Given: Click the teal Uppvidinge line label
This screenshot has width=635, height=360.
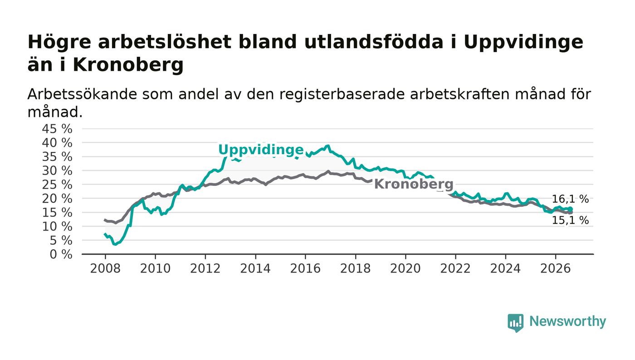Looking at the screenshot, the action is coord(261,150).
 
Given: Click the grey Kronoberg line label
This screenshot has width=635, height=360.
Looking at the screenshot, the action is coord(414,184).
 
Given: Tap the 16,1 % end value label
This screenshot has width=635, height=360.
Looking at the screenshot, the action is coord(570,199).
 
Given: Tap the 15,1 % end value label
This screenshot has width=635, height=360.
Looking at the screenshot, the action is coord(570,220).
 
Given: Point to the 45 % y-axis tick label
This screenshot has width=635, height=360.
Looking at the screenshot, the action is coord(57,129).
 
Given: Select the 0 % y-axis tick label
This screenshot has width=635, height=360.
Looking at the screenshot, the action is coord(61,254).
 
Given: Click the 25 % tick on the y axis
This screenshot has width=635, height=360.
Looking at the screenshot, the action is coord(57,185).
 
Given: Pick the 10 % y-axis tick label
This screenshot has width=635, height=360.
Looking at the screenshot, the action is coord(57,227).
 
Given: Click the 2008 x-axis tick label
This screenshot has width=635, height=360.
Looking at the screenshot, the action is coord(105,268).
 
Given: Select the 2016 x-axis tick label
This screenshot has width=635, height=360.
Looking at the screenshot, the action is coord(305,268).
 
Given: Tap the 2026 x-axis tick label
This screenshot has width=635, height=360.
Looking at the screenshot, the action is coord(555,268).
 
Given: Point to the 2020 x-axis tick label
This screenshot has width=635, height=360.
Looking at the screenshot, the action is coord(405,268).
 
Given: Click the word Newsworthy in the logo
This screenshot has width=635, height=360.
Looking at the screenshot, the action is coord(567,321).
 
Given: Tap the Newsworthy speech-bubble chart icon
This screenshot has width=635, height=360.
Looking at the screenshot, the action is coord(515,323).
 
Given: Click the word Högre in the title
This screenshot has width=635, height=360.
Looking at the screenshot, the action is coord(59,43).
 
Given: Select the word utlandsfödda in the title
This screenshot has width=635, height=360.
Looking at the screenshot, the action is coord(374,42).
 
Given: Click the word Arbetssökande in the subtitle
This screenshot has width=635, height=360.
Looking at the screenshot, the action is coord(82,94).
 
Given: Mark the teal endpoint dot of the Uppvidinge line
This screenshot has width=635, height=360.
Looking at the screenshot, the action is coord(571,209).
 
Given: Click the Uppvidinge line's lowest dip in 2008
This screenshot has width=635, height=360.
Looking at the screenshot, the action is coord(115,244).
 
